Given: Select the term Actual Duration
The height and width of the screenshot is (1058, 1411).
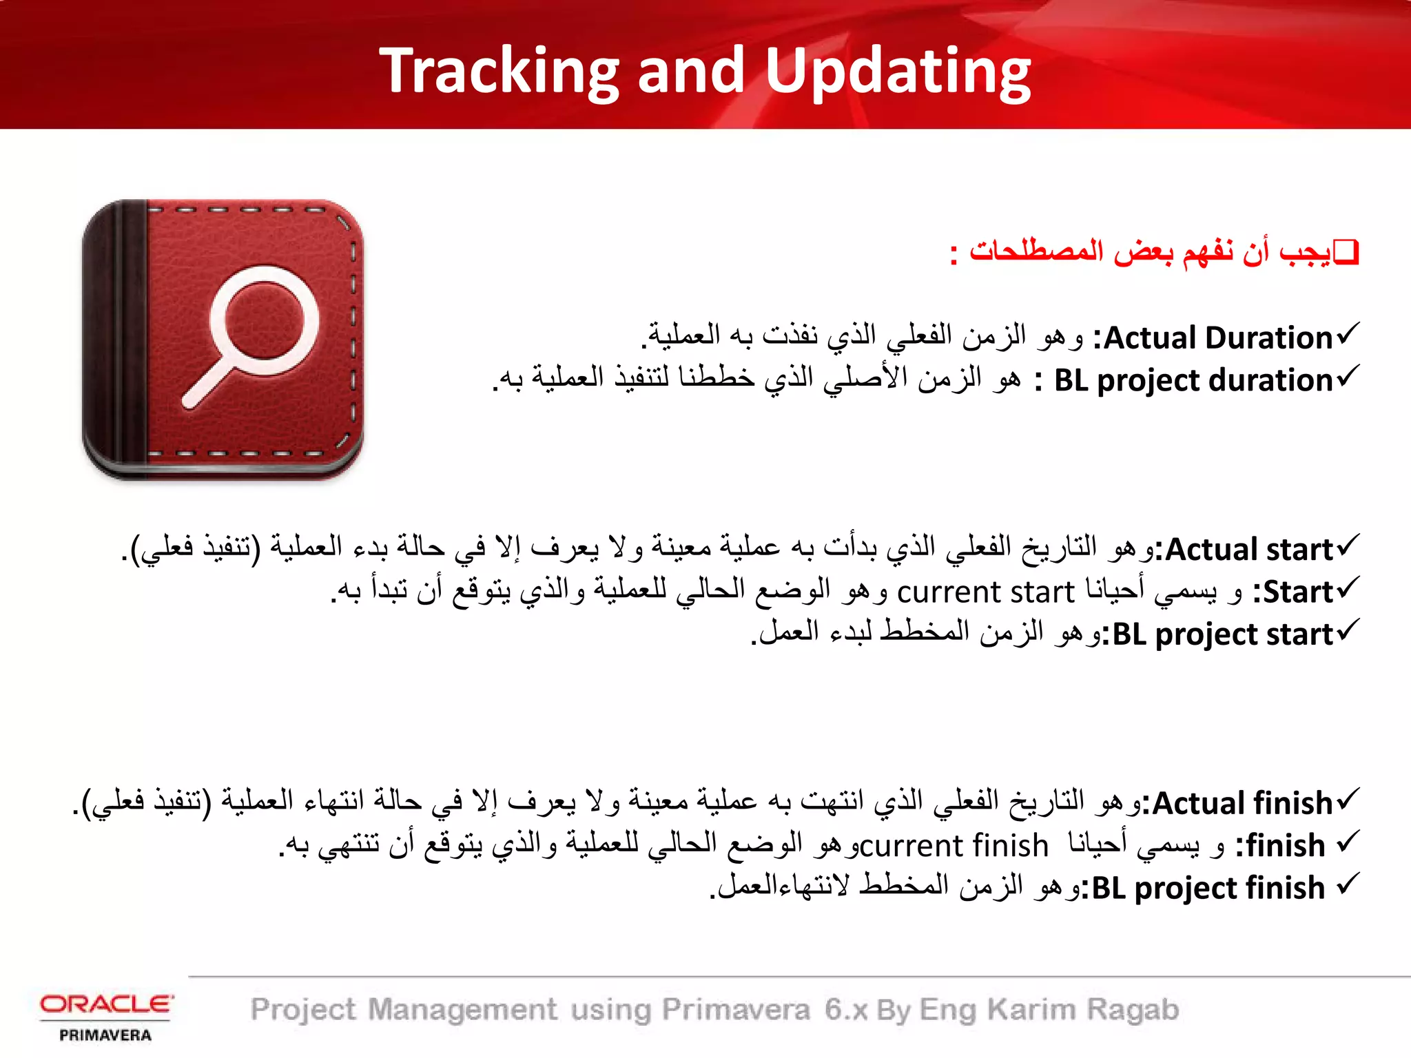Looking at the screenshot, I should click(1218, 338).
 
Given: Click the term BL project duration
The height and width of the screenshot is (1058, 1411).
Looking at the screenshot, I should click(1193, 380).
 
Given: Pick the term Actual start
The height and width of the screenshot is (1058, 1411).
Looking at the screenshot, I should click(1249, 550).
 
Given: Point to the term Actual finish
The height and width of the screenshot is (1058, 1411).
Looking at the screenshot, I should click(1242, 803).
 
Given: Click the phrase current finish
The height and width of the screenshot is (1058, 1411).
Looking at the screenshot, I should click(954, 846).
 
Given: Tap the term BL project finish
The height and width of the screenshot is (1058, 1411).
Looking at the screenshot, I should click(1208, 888).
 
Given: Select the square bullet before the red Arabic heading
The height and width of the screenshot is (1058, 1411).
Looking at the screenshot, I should click(1346, 253).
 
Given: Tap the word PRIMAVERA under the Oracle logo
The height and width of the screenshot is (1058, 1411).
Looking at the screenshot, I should click(105, 1035).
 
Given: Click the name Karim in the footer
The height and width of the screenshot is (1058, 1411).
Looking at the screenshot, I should click(1031, 1010).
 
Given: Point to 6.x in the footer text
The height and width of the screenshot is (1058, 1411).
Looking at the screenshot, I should click(845, 1010).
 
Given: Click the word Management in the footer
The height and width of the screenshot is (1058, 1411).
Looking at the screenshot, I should click(462, 1010).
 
